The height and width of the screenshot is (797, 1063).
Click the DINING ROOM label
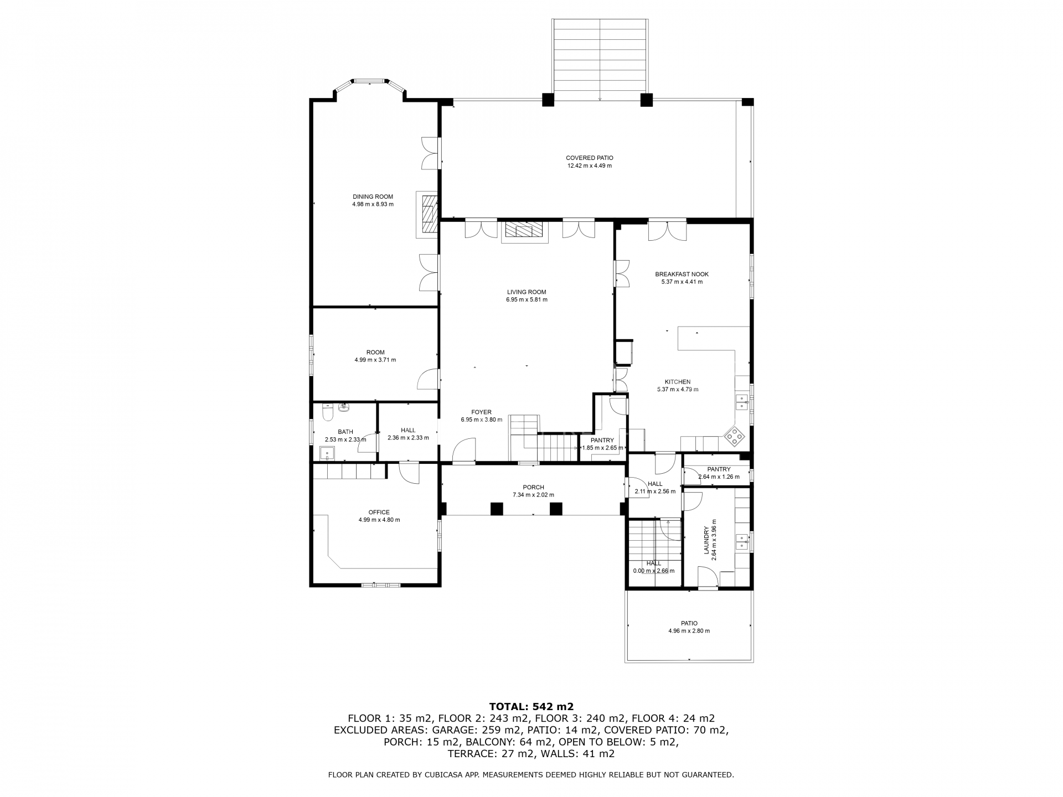click(x=373, y=196)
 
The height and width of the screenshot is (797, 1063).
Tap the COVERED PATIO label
click(x=589, y=158)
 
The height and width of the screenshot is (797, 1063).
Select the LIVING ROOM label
click(x=527, y=292)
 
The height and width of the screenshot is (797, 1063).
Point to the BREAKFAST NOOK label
click(x=682, y=274)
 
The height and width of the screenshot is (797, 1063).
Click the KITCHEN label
click(x=678, y=382)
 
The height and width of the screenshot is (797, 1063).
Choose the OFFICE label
click(x=379, y=513)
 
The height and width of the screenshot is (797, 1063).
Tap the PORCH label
click(x=533, y=488)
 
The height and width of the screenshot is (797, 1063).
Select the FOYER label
click(x=481, y=412)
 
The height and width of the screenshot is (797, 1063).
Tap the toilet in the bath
click(x=327, y=412)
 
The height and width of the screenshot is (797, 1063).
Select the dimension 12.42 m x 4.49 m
click(x=589, y=165)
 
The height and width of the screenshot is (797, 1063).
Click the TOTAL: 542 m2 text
click(x=531, y=706)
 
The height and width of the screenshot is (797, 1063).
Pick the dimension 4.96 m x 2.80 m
click(x=689, y=631)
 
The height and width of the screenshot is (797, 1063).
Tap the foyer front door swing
click(x=464, y=450)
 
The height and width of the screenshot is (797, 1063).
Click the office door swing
click(x=410, y=474)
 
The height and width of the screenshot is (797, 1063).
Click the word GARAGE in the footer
click(x=455, y=730)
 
